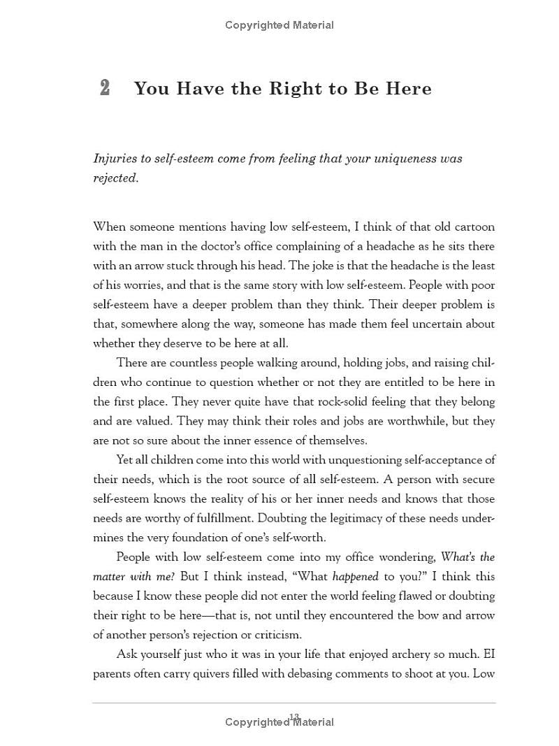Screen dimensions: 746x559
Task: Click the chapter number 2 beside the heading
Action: [105, 88]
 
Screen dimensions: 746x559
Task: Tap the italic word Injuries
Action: [115, 159]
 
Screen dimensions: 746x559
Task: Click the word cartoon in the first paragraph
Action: [472, 227]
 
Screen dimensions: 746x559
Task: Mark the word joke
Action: [327, 266]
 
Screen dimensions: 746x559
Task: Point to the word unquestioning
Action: [368, 460]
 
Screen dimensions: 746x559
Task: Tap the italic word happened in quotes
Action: [355, 577]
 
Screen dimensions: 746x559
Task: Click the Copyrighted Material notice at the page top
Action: [279, 25]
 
